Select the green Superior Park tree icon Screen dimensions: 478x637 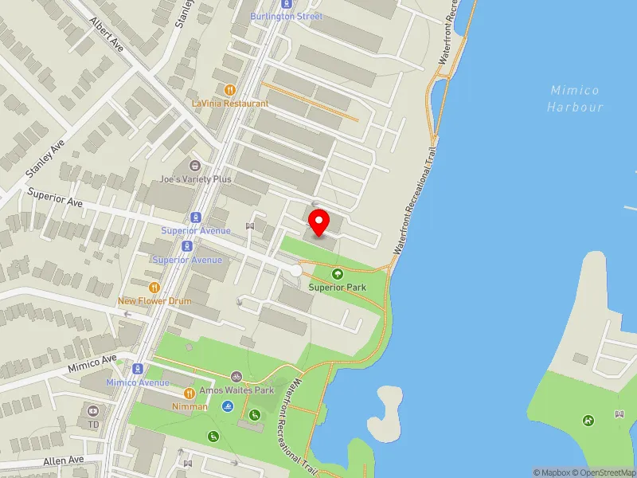click(336, 274)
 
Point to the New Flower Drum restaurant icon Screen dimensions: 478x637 click(155, 287)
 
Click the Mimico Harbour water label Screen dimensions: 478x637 click(576, 99)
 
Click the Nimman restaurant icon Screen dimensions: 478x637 click(190, 393)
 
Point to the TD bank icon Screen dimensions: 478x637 click(93, 411)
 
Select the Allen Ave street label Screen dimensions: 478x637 click(64, 460)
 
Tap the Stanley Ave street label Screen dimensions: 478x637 click(45, 159)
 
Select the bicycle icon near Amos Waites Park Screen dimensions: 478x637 click(236, 377)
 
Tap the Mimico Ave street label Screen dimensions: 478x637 click(92, 362)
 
